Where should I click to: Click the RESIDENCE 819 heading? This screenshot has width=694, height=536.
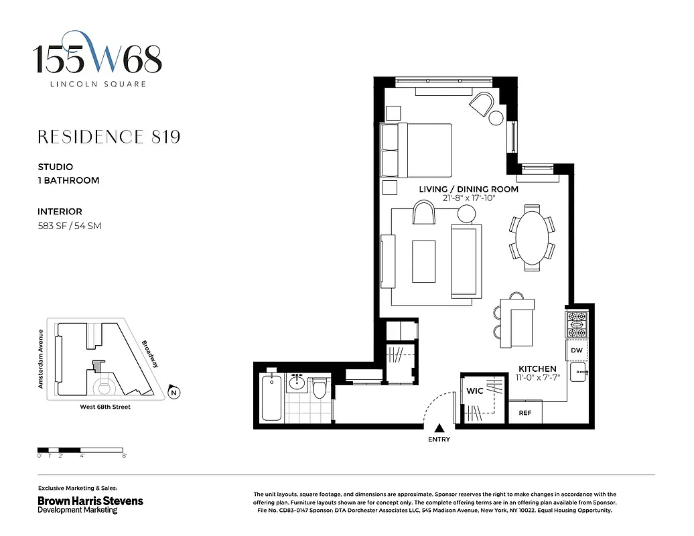click(109, 137)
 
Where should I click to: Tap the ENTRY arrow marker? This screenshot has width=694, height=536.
click(439, 428)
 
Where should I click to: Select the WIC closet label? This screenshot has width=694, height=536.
click(474, 391)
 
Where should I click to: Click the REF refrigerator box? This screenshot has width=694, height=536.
click(525, 413)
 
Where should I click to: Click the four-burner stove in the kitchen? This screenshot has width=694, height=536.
click(577, 324)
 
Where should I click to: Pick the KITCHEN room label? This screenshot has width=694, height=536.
click(537, 369)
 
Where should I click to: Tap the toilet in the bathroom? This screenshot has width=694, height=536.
click(320, 387)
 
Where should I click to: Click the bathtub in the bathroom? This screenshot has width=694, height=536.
click(271, 398)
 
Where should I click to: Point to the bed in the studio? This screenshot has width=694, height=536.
click(417, 151)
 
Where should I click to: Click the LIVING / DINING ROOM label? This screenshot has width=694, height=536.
click(468, 190)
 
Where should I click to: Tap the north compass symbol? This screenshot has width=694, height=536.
click(173, 393)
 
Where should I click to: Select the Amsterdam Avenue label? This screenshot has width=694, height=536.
click(41, 359)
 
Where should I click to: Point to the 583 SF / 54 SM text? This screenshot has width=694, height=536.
click(69, 226)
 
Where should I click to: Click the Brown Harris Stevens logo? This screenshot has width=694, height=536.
click(90, 500)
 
